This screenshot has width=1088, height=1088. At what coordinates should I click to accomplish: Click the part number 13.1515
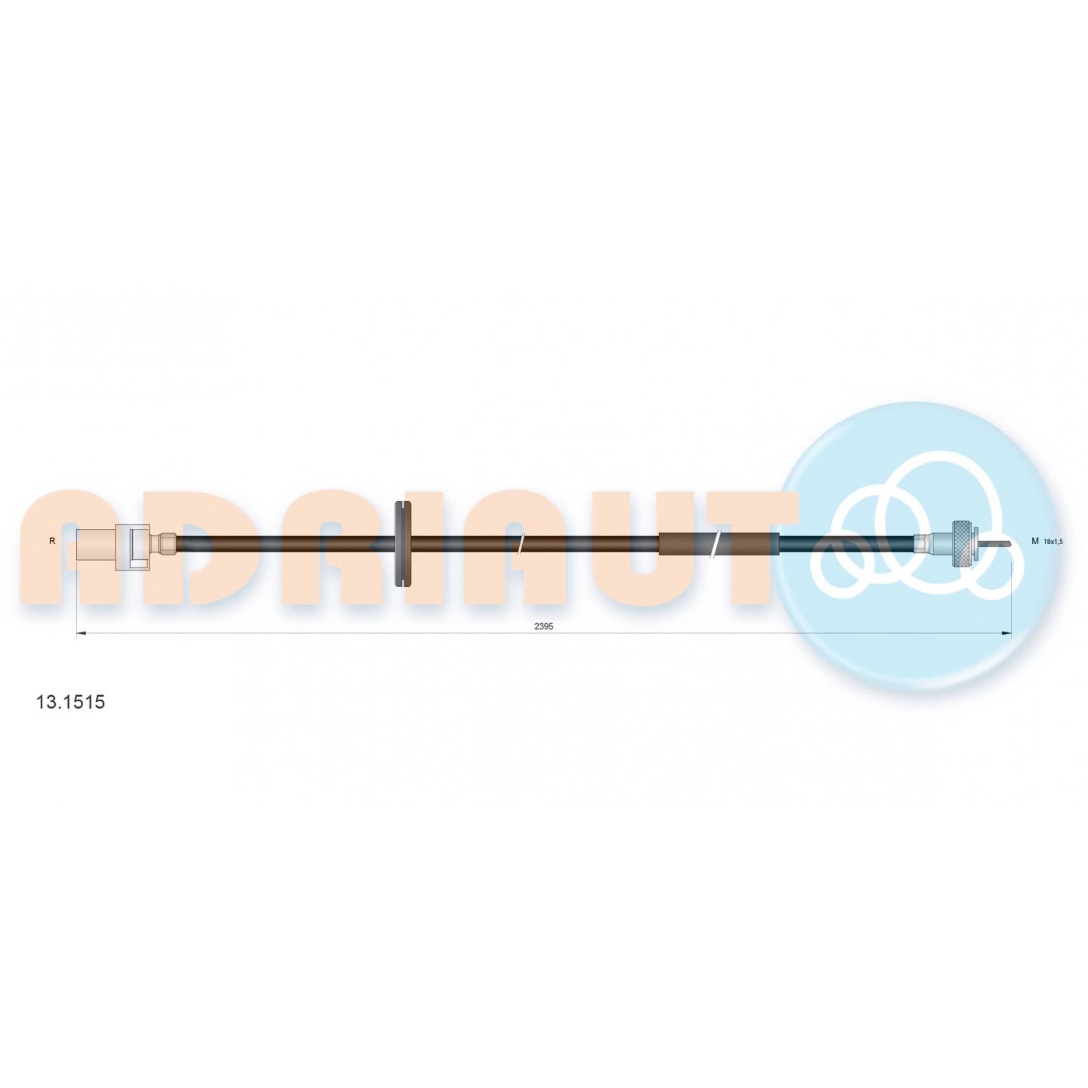[x=70, y=702]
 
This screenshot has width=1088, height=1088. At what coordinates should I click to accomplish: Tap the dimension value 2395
[x=543, y=626]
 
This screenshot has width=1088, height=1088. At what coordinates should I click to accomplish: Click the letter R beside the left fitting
[x=52, y=541]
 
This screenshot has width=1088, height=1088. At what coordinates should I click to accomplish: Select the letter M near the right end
[x=1035, y=541]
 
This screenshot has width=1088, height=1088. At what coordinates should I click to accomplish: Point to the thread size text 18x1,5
[x=1053, y=542]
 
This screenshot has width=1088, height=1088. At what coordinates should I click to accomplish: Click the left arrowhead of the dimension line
[x=80, y=633]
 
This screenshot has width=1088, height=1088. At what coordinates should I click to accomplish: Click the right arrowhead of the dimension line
[x=1006, y=633]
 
